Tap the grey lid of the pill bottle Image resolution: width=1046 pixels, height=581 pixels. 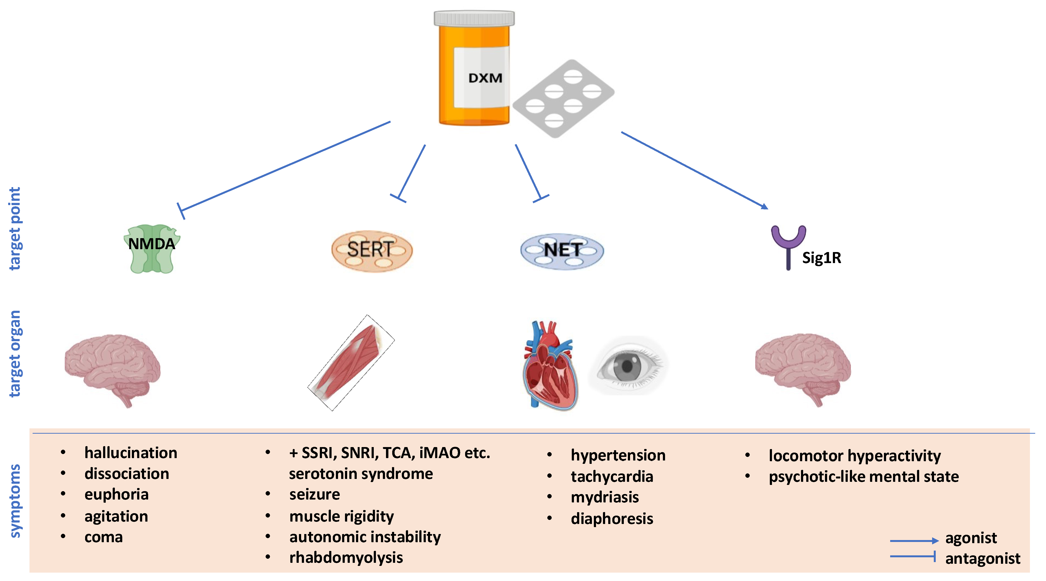[474, 18]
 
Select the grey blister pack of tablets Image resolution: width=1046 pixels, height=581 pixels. [563, 99]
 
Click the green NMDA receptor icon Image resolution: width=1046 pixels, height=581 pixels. [152, 248]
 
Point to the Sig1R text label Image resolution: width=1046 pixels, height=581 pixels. [821, 258]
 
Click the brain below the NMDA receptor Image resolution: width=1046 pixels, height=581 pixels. [113, 367]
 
